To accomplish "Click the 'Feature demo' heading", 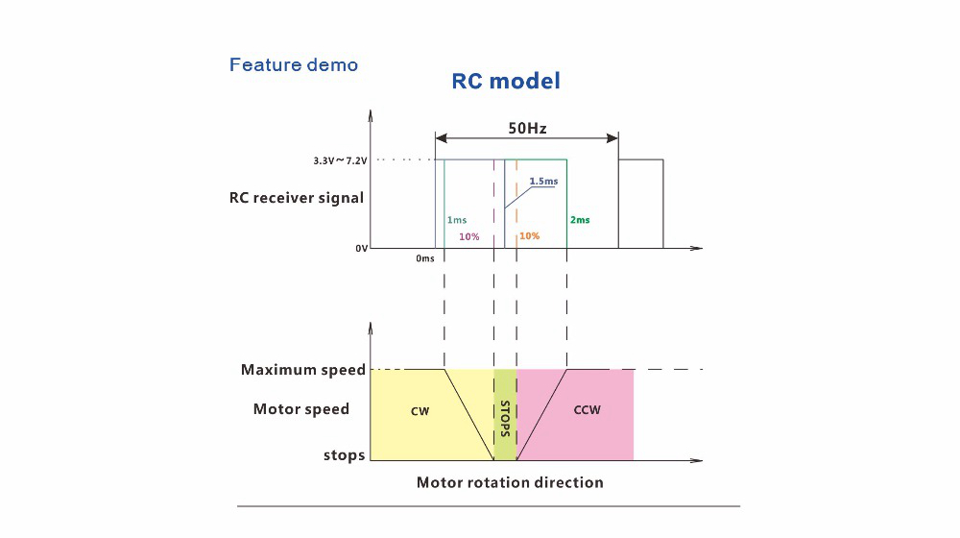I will [x=294, y=65].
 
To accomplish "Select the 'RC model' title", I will [x=505, y=81].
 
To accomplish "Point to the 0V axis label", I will [x=361, y=249].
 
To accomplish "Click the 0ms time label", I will [x=425, y=258].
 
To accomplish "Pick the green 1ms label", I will [x=458, y=220].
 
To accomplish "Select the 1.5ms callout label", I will [x=544, y=181].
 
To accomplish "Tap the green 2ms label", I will [x=580, y=220].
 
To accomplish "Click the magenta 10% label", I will [x=469, y=236].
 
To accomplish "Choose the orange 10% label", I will [x=530, y=236].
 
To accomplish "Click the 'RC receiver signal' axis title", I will [x=296, y=199].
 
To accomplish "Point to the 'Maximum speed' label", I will [x=303, y=370].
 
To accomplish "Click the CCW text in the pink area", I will [x=587, y=410].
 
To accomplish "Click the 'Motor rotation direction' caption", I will [x=510, y=482].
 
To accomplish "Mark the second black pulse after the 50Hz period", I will [x=640, y=204].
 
